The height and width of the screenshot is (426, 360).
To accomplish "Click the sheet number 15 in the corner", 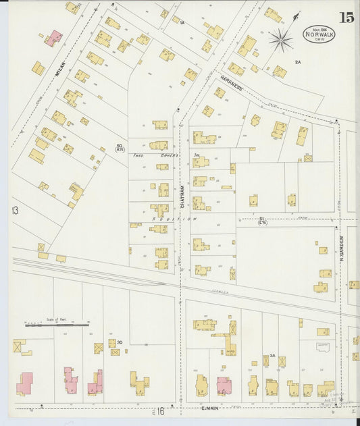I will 346,18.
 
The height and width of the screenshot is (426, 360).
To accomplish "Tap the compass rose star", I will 280,40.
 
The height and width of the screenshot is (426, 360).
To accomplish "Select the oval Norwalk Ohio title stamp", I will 318,34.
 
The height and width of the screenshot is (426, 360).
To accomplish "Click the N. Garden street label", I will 342,248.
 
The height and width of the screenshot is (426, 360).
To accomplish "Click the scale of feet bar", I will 57,325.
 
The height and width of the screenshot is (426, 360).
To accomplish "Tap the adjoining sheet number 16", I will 161,410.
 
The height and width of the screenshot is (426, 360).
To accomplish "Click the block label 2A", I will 298,62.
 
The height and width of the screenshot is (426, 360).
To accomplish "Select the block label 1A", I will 182,23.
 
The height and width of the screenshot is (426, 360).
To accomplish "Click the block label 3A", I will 272,355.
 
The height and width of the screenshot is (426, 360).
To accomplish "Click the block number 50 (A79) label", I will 120,149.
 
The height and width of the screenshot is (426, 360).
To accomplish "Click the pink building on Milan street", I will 54,37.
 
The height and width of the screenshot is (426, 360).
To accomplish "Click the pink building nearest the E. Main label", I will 224,385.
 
